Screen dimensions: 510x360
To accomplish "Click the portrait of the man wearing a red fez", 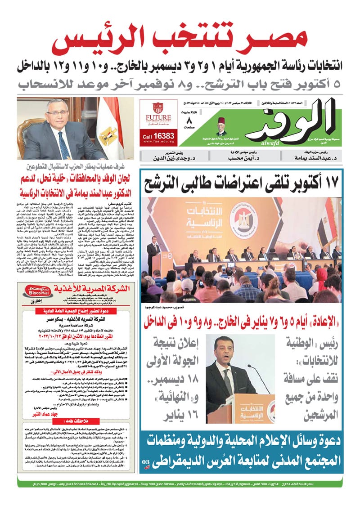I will (x=221, y=127).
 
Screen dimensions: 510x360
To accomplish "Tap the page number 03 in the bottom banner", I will (x=145, y=462).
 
